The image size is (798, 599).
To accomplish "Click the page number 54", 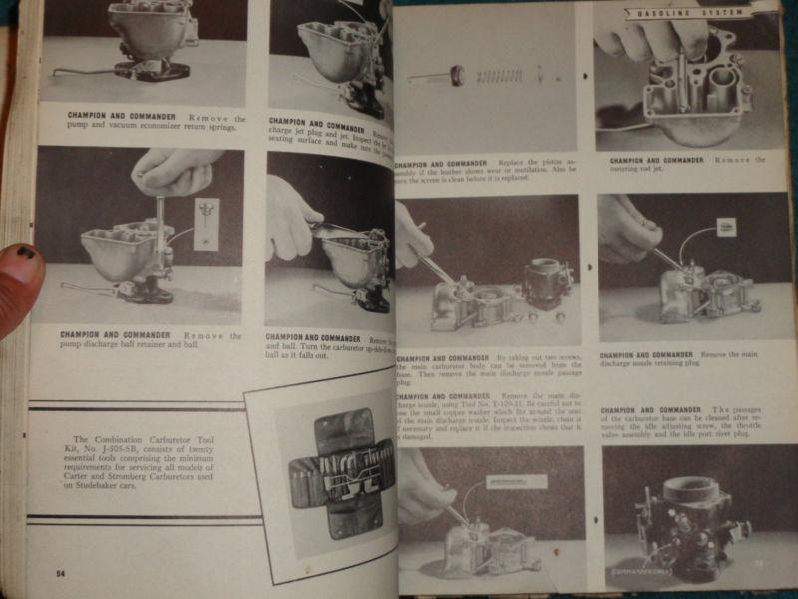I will click(61, 573).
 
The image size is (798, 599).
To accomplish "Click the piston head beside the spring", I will click(457, 74).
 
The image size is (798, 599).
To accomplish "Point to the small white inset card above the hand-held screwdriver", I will click(206, 222).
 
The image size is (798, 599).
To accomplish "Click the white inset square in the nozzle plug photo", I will click(725, 227).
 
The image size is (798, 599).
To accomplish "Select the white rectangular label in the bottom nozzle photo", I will click(515, 481).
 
